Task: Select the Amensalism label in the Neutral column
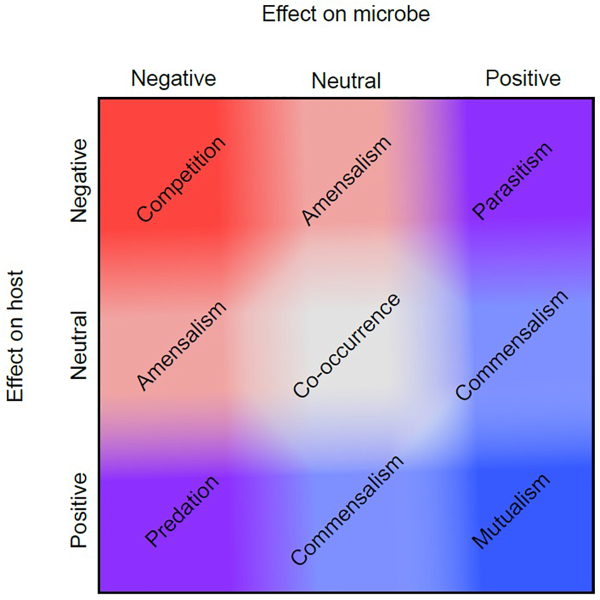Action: [346, 181]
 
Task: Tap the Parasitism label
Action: [512, 181]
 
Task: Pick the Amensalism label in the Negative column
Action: [181, 346]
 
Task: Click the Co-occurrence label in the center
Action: [346, 346]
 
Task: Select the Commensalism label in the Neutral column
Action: [346, 511]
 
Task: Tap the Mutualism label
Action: [511, 511]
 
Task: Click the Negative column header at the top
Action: [173, 79]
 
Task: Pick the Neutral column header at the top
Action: [346, 80]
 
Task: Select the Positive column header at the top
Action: [523, 78]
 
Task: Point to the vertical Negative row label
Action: [79, 180]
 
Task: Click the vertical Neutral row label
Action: [79, 345]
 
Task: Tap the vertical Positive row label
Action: [79, 510]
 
